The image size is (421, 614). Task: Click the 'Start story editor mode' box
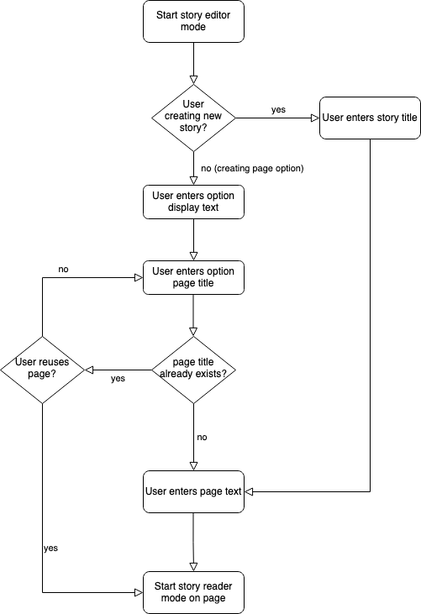pos(193,22)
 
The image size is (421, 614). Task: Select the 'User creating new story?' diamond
pos(193,118)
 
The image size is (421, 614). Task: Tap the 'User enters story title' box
pos(370,118)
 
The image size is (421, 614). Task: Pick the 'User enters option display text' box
pos(193,202)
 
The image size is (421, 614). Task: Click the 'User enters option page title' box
pos(193,278)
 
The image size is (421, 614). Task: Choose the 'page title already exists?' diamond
pos(193,370)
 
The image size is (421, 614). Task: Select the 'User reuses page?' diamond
pos(42,370)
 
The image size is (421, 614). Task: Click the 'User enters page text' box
pos(193,492)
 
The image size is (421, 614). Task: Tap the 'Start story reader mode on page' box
pos(193,592)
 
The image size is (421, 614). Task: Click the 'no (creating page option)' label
pos(252,168)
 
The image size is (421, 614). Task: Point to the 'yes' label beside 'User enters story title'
pos(278,110)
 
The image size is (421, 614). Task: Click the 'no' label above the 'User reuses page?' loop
pos(63,270)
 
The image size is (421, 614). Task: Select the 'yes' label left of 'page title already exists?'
pos(118,379)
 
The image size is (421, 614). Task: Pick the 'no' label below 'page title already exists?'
pos(202,437)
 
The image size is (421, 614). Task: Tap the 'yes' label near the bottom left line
pos(51,548)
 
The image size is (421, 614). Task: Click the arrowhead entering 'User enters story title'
pos(315,118)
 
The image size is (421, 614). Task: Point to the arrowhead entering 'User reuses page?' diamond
pos(89,370)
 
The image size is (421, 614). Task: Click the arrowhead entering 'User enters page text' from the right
pos(249,492)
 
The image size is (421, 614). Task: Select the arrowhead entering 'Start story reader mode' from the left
pos(139,592)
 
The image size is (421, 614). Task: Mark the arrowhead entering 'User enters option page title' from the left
pos(139,278)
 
